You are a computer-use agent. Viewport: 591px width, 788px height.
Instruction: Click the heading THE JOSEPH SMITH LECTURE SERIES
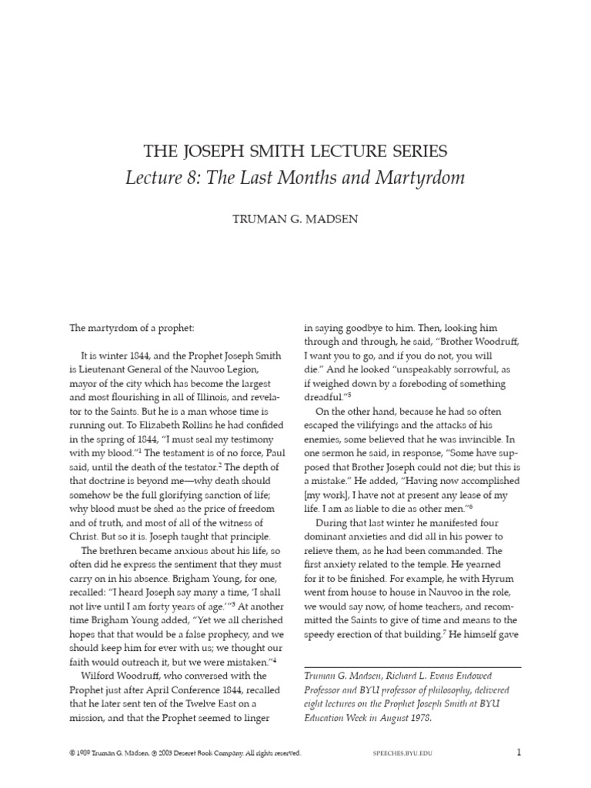295,151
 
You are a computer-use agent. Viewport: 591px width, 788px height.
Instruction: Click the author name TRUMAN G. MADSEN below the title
295,219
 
